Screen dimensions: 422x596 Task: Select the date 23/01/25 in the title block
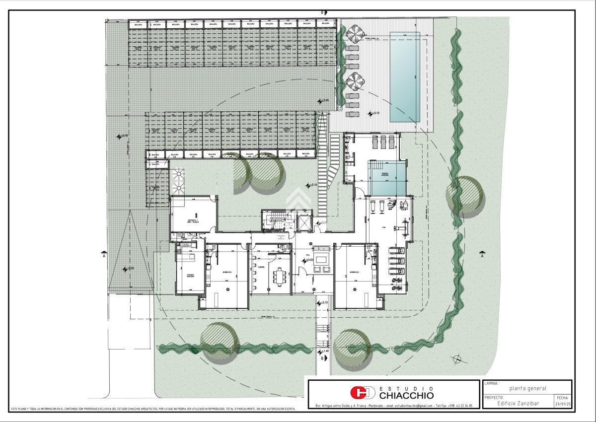coord(563,404)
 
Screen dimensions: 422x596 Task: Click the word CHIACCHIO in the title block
coord(406,395)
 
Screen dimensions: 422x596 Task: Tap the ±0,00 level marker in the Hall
coord(308,260)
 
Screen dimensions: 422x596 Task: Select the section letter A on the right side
coord(482,256)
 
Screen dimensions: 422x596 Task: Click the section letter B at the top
coord(322,12)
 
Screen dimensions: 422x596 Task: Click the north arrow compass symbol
coord(456,358)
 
